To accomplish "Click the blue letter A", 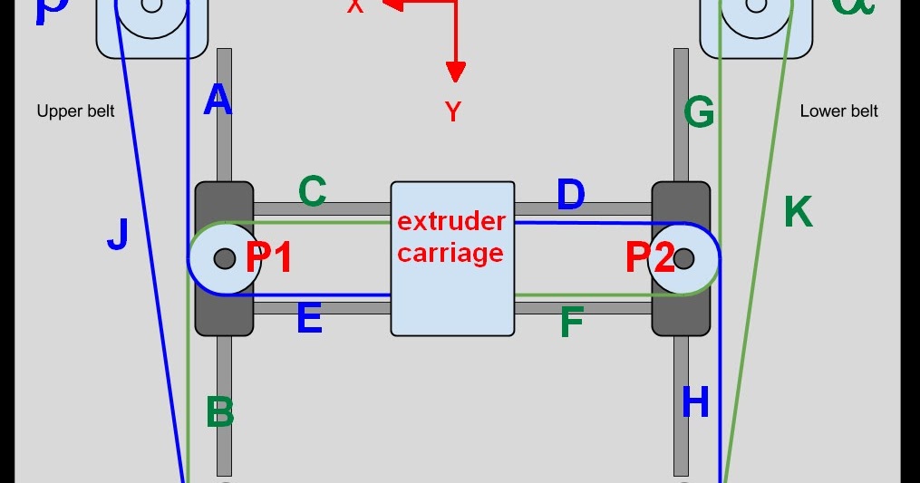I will click(218, 101).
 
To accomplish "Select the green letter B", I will click(220, 412).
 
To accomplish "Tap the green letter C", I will click(312, 192).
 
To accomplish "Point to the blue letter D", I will click(570, 195).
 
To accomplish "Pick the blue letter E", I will click(309, 318).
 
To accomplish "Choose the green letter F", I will click(571, 322).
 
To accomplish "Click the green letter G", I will click(699, 113).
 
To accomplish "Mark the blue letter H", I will click(695, 402).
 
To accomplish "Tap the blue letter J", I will click(117, 235).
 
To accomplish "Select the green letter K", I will click(798, 212).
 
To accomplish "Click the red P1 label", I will click(269, 259).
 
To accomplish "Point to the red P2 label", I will click(650, 259).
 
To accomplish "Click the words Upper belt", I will click(76, 111).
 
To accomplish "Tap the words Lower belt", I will click(839, 111).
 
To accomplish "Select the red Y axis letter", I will click(453, 112).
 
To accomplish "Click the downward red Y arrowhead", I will click(455, 72).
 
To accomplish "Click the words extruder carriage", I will click(451, 237).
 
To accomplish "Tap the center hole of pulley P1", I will click(224, 260).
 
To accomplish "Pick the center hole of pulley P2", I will click(684, 260).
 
